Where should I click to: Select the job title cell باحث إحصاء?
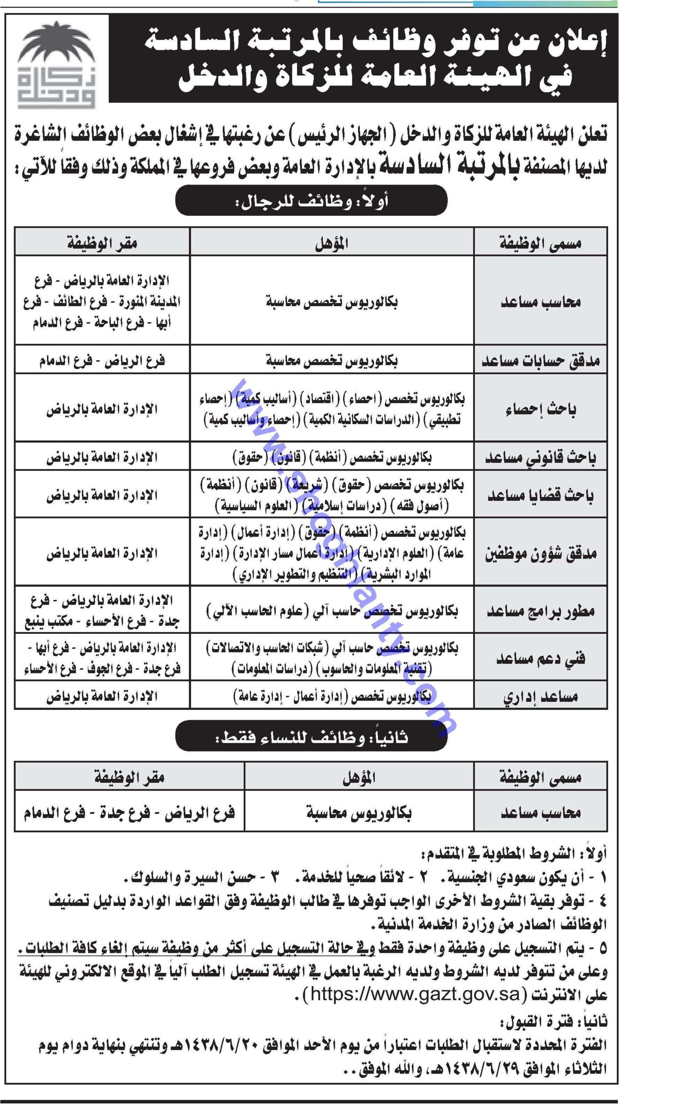pyautogui.click(x=540, y=409)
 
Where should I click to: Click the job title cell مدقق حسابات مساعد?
pyautogui.click(x=540, y=360)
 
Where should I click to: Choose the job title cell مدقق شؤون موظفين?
pyautogui.click(x=540, y=553)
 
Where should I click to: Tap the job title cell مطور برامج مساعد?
pyautogui.click(x=540, y=610)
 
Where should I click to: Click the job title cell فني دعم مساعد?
pyautogui.click(x=540, y=658)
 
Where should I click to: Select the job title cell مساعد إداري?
pyautogui.click(x=540, y=696)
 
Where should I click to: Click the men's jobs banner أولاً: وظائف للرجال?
pyautogui.click(x=311, y=200)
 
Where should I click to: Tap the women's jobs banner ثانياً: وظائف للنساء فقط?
pyautogui.click(x=311, y=737)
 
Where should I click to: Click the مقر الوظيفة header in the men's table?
pyautogui.click(x=102, y=243)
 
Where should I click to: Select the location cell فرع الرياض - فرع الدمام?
pyautogui.click(x=102, y=361)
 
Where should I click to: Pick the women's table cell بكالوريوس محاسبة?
pyautogui.click(x=358, y=812)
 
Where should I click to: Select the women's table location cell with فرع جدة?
pyautogui.click(x=129, y=812)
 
